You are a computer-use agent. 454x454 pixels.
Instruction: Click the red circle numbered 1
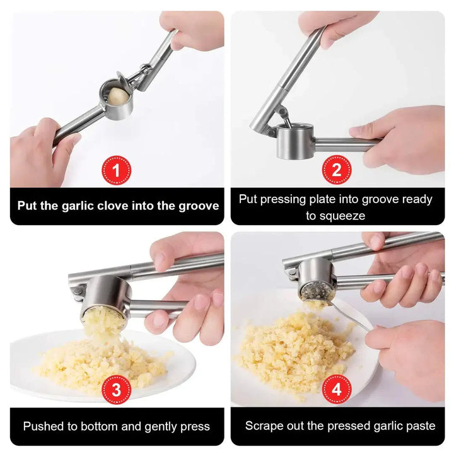116,170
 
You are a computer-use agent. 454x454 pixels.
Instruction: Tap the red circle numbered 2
337,170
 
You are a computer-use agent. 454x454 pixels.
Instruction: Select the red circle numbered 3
116,390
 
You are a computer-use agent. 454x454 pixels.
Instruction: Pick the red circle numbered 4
337,389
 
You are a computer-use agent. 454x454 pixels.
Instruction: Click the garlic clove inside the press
118,96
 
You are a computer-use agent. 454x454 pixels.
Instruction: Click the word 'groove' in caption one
199,206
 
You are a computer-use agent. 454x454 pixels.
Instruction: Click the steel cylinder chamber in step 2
294,141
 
